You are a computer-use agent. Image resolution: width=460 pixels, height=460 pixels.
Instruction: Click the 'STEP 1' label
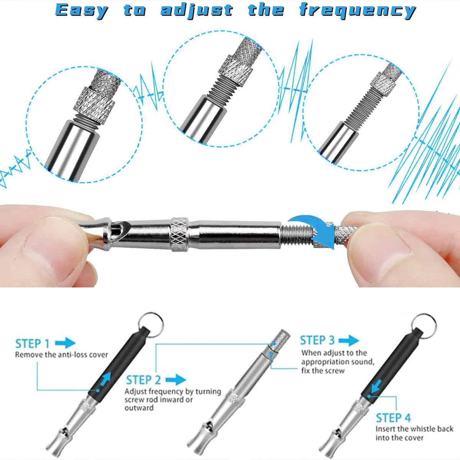33,344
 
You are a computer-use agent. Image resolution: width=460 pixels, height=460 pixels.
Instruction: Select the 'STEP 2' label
143,380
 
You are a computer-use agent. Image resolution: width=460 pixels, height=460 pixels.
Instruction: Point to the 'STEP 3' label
317,340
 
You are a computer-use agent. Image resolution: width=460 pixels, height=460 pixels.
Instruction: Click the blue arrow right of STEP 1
66,343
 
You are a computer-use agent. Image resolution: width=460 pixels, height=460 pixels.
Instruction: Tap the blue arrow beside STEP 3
349,340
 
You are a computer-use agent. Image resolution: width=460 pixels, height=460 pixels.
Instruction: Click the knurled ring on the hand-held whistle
179,235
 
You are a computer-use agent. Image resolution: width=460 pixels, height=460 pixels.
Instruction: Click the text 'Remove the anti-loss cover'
62,355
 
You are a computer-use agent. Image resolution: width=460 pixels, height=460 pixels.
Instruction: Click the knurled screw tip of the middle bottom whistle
279,338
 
